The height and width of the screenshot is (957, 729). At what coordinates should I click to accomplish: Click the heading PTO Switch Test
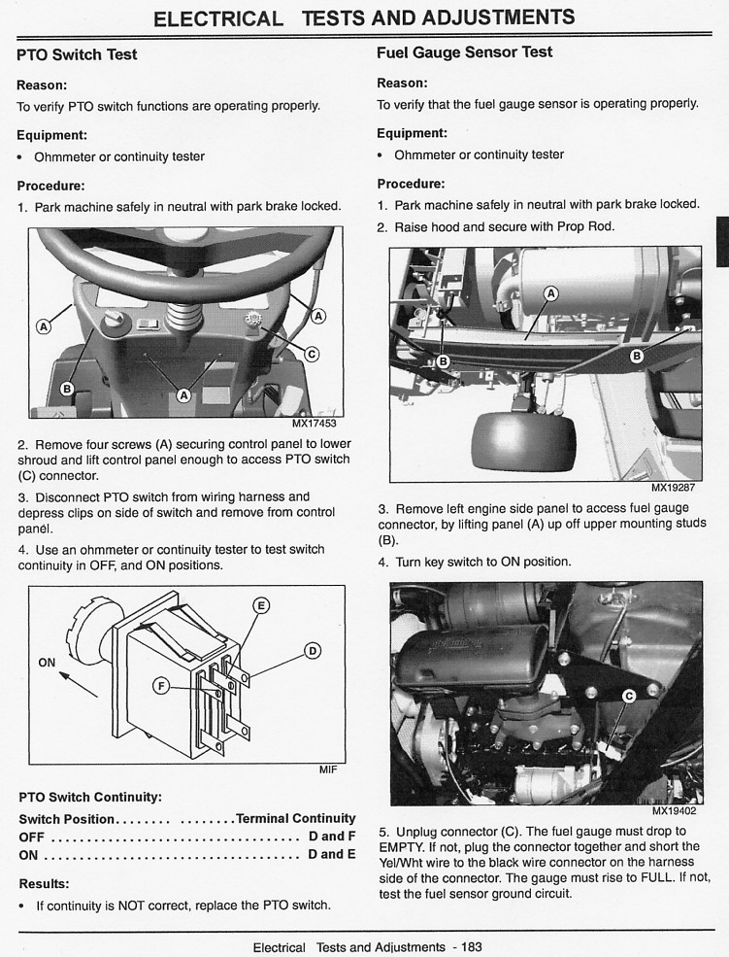(78, 54)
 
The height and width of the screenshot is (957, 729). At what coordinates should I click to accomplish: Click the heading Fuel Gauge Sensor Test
(464, 52)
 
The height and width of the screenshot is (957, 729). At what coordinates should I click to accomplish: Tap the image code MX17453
(315, 423)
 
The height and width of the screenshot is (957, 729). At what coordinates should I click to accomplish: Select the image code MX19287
(674, 488)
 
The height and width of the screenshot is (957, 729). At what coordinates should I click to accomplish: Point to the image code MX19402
(674, 810)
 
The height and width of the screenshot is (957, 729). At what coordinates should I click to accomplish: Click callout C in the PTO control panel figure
(312, 355)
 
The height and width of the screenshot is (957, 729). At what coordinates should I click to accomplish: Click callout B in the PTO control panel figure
(67, 390)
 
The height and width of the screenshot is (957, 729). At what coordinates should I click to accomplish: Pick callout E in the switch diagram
(261, 605)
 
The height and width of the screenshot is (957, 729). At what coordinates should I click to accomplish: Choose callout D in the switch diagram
(312, 651)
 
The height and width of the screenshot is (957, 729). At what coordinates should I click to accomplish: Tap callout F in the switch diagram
(162, 686)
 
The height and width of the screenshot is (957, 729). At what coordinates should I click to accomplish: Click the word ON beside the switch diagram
(48, 662)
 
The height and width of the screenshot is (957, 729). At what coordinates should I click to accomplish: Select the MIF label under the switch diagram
(328, 769)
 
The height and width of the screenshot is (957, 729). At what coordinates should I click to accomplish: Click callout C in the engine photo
(629, 696)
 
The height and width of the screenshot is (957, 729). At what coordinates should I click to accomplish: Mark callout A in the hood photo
(551, 292)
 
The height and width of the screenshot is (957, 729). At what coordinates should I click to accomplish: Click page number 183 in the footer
(472, 946)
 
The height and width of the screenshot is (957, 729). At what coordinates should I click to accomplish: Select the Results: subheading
(45, 884)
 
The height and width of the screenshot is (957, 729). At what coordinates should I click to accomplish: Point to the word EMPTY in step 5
(401, 846)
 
